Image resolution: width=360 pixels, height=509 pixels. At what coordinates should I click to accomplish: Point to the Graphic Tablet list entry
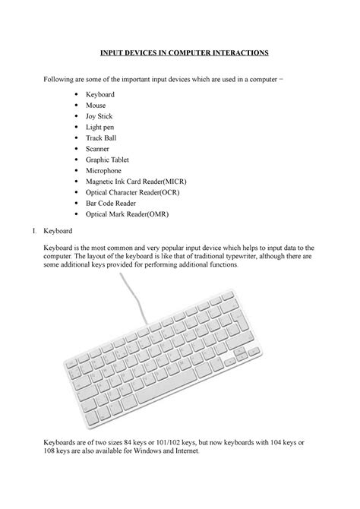109,166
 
